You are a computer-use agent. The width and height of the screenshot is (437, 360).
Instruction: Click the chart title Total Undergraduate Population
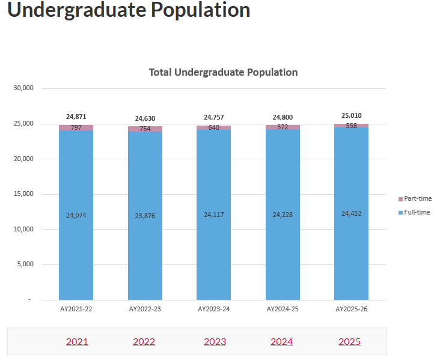[x=223, y=72]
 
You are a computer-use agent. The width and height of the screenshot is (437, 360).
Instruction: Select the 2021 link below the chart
[x=77, y=342]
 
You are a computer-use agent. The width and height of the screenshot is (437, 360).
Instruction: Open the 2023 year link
[x=215, y=342]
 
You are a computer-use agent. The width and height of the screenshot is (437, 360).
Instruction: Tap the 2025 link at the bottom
[x=349, y=342]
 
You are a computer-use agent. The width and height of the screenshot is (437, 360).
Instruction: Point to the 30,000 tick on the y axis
[x=23, y=88]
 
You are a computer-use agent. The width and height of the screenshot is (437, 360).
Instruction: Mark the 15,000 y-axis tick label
[x=23, y=194]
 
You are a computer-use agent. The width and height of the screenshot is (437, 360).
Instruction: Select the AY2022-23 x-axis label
[x=145, y=309]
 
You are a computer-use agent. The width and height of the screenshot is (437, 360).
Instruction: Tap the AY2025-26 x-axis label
[x=351, y=309]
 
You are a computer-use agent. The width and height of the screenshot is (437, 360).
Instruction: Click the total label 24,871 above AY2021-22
[x=76, y=117]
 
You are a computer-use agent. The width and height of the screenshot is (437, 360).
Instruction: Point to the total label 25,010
[x=351, y=115]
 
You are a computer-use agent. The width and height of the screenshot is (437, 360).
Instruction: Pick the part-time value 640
[x=214, y=127]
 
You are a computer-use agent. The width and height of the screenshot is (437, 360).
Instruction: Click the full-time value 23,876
[x=145, y=216]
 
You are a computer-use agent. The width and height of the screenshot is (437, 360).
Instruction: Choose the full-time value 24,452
[x=351, y=213]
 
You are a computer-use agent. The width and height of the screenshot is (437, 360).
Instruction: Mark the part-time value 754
[x=145, y=129]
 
